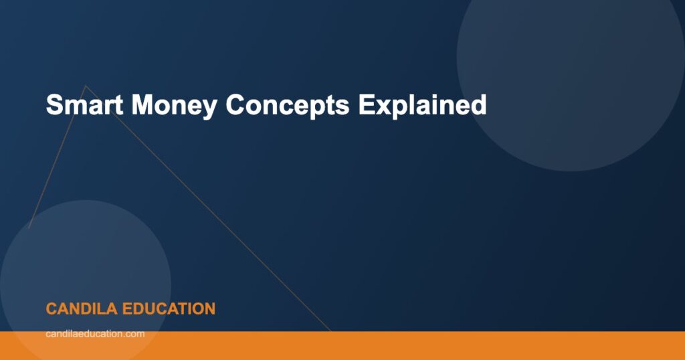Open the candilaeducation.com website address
tap(95, 333)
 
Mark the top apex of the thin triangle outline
tap(85, 85)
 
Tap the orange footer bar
tap(401, 345)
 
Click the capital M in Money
tap(143, 105)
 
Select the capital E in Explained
tap(365, 105)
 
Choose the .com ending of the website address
tap(134, 333)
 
